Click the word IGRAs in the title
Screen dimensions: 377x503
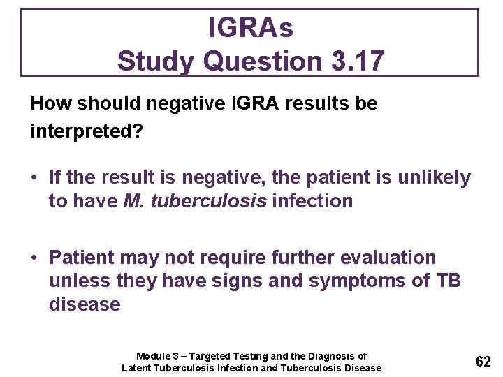pos(251,28)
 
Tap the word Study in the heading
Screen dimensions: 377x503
pos(156,61)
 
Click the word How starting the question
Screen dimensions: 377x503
pos(51,103)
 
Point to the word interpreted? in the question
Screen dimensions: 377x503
pos(86,131)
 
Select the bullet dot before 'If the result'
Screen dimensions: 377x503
pos(35,178)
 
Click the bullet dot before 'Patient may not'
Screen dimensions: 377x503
pos(35,258)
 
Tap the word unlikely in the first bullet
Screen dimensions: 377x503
pos(434,178)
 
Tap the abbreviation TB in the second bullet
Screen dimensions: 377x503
pos(447,281)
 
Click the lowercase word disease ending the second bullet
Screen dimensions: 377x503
pos(85,305)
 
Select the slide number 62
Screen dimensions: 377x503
pos(483,362)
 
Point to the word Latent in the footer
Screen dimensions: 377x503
pos(138,368)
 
